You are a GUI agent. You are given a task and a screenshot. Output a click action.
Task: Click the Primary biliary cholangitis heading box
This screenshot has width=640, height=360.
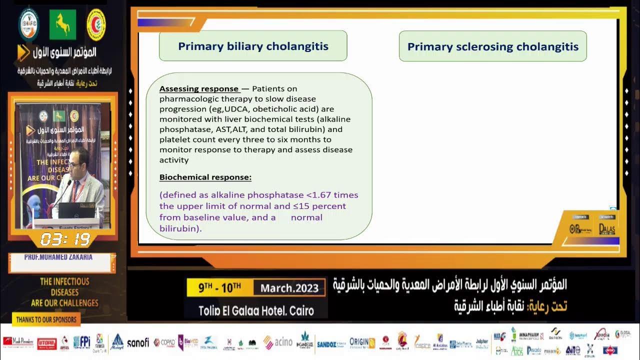pyautogui.click(x=253, y=46)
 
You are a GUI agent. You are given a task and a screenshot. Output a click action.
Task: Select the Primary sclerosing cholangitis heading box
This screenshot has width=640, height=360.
pyautogui.click(x=492, y=46)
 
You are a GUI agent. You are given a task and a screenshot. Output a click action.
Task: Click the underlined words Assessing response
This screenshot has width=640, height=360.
pyautogui.click(x=198, y=89)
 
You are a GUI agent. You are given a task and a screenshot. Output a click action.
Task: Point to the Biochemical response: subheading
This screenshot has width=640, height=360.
pyautogui.click(x=205, y=177)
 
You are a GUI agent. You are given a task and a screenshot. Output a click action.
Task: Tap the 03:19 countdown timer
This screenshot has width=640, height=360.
pyautogui.click(x=65, y=239)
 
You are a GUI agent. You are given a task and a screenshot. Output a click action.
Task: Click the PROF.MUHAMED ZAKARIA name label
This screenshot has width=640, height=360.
pyautogui.click(x=58, y=257)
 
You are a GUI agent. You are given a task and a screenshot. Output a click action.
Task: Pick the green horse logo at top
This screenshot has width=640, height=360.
pyautogui.click(x=62, y=24)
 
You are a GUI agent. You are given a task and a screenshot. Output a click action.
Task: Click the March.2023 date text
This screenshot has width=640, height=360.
pyautogui.click(x=289, y=288)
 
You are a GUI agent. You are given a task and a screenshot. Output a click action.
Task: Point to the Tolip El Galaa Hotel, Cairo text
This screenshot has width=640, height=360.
pyautogui.click(x=256, y=310)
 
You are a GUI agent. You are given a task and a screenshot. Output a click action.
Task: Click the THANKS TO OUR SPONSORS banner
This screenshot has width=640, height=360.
pyautogui.click(x=46, y=319)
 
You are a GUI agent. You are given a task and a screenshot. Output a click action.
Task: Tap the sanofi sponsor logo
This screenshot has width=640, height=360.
pyautogui.click(x=138, y=342)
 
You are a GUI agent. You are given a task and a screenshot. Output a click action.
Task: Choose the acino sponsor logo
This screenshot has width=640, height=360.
pyautogui.click(x=278, y=342)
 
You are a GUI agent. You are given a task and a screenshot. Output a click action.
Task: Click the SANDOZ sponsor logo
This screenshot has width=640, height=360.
pyautogui.click(x=330, y=344)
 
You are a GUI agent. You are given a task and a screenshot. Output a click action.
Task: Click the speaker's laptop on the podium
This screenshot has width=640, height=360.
pyautogui.click(x=76, y=210)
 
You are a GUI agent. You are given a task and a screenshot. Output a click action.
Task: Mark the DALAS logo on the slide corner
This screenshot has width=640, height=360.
pyautogui.click(x=607, y=228)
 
